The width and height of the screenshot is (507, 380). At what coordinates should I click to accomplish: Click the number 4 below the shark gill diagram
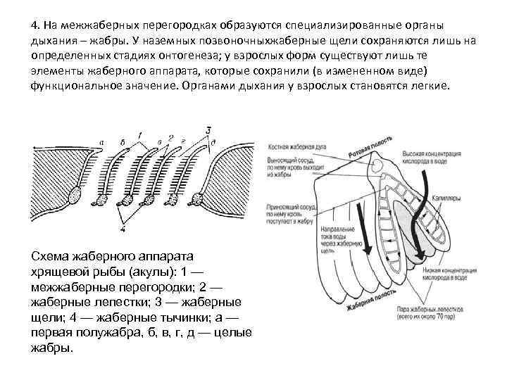[124, 228]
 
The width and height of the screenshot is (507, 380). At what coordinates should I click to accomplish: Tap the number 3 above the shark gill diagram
[207, 130]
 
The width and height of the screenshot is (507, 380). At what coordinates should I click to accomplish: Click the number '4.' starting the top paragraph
[36, 25]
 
